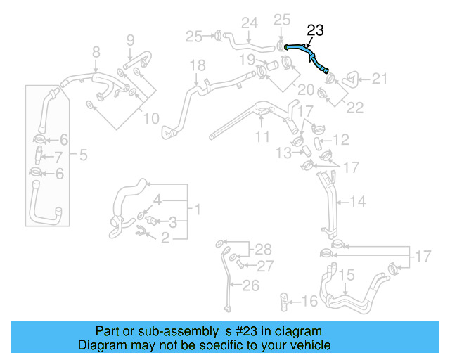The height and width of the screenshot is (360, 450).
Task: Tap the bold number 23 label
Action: click(x=316, y=30)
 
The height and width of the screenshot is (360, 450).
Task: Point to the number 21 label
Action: click(x=379, y=79)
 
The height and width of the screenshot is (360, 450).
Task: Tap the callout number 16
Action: click(x=310, y=302)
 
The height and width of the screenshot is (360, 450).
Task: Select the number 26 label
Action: click(x=250, y=285)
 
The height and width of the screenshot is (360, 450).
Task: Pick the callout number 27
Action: click(x=264, y=266)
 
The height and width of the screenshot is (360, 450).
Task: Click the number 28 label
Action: click(x=262, y=249)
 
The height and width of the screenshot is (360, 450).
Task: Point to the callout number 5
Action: click(x=82, y=155)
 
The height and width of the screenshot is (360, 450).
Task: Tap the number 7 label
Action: click(x=59, y=157)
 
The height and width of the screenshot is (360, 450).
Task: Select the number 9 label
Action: click(x=130, y=39)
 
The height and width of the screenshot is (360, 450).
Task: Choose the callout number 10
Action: click(x=151, y=118)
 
